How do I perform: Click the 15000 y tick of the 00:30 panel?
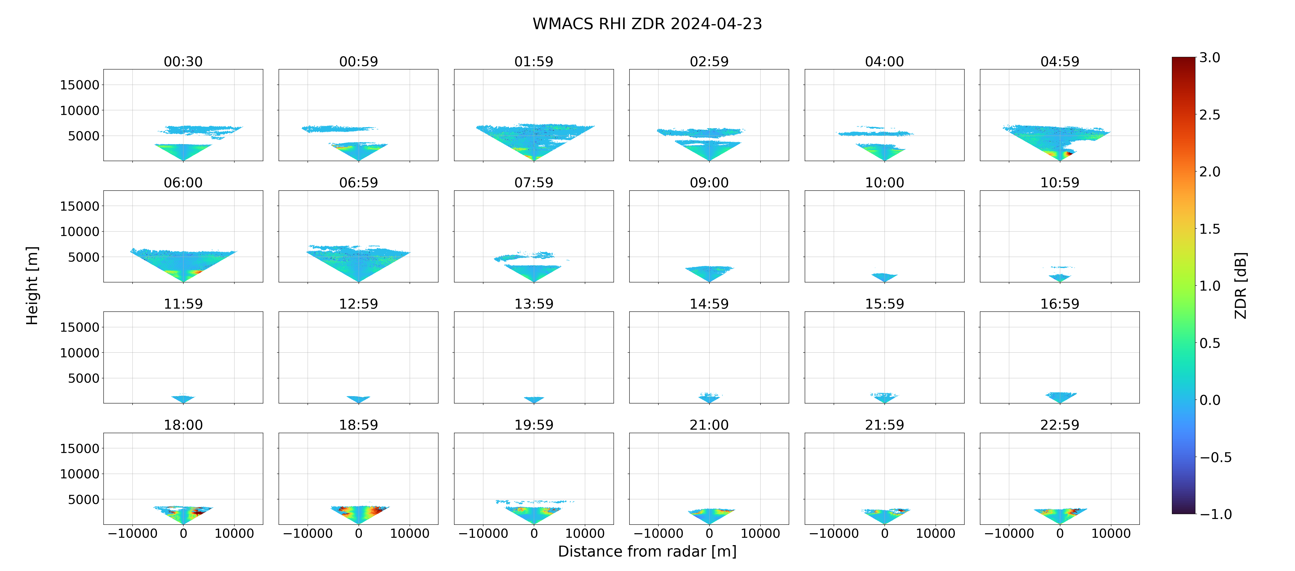pyautogui.click(x=79, y=85)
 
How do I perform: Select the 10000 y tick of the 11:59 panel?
pyautogui.click(x=79, y=353)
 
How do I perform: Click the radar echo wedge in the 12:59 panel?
pyautogui.click(x=359, y=399)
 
